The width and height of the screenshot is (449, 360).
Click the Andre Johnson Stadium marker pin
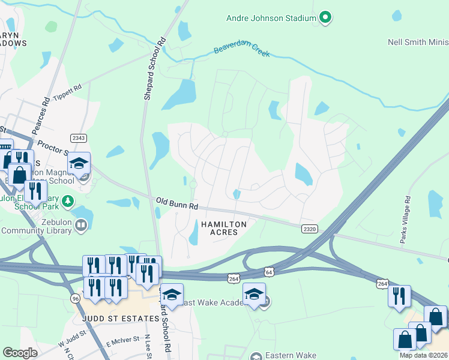325,18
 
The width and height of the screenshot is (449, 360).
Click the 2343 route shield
79,138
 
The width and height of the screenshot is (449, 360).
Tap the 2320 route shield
309,229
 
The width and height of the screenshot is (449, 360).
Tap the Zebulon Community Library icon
80,224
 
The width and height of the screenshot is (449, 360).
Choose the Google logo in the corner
20,353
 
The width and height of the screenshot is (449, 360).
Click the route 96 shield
75,298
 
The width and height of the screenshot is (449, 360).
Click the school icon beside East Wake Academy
254,295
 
